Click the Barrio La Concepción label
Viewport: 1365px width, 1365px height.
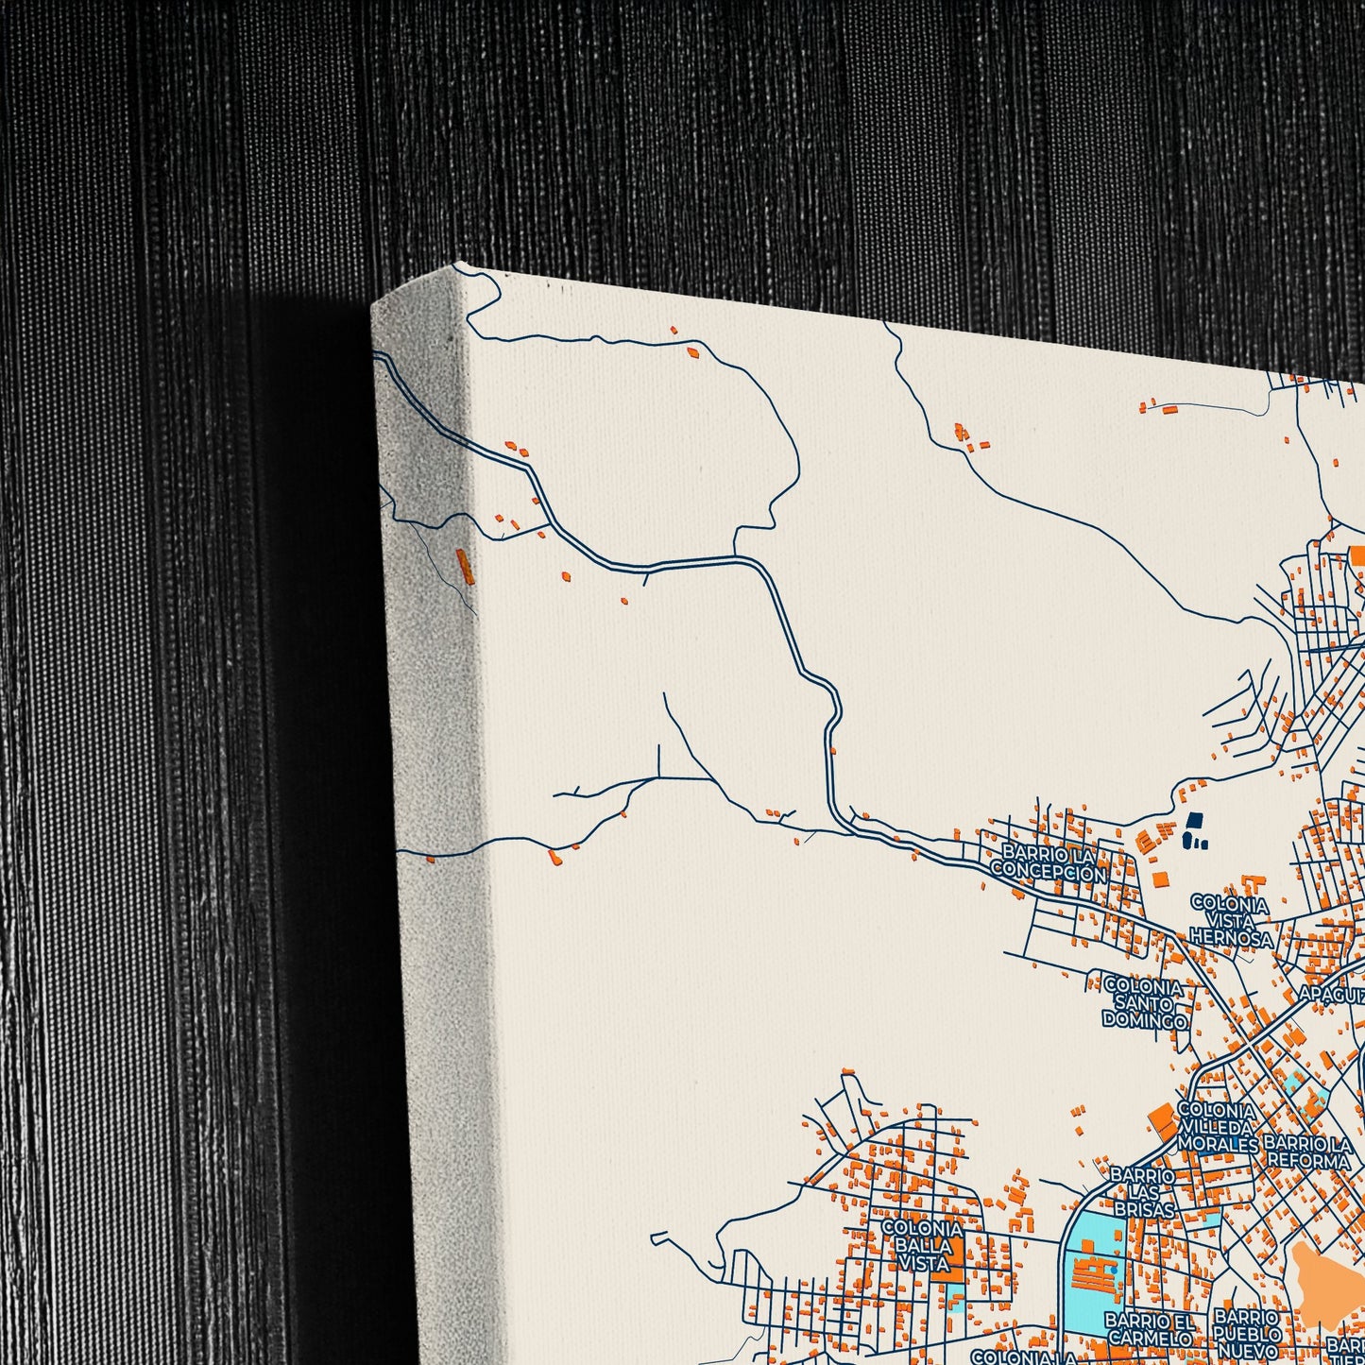[x=1047, y=864]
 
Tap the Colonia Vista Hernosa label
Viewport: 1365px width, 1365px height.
[x=1230, y=920]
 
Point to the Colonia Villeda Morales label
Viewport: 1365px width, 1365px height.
[x=1217, y=1127]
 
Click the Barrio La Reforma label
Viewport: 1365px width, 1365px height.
[x=1308, y=1152]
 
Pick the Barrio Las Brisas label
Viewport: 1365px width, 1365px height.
[x=1142, y=1192]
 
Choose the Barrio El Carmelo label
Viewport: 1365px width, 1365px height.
[x=1149, y=1328]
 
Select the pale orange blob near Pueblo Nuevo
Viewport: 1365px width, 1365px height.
[x=1326, y=1271]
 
